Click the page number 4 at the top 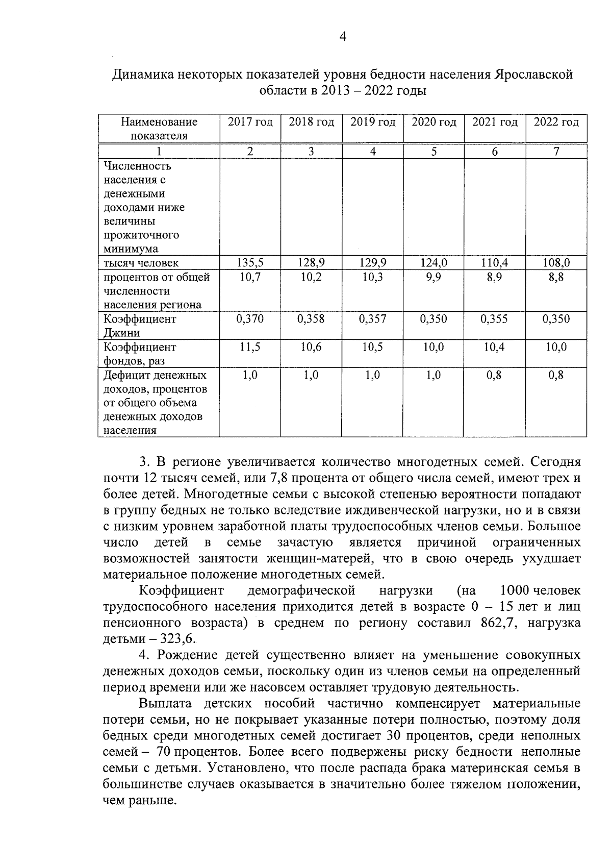click(342, 36)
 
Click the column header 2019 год click(373, 122)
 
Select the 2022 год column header click(556, 122)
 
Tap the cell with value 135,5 click(250, 263)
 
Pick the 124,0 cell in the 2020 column click(433, 263)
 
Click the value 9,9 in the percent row click(433, 278)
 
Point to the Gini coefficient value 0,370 click(250, 319)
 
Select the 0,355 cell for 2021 click(495, 319)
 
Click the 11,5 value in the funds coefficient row click(250, 348)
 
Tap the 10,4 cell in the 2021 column click(495, 348)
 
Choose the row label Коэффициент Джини click(140, 326)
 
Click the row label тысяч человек click(141, 263)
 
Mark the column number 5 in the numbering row click(433, 152)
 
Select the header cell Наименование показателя click(159, 129)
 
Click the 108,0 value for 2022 click(556, 263)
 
